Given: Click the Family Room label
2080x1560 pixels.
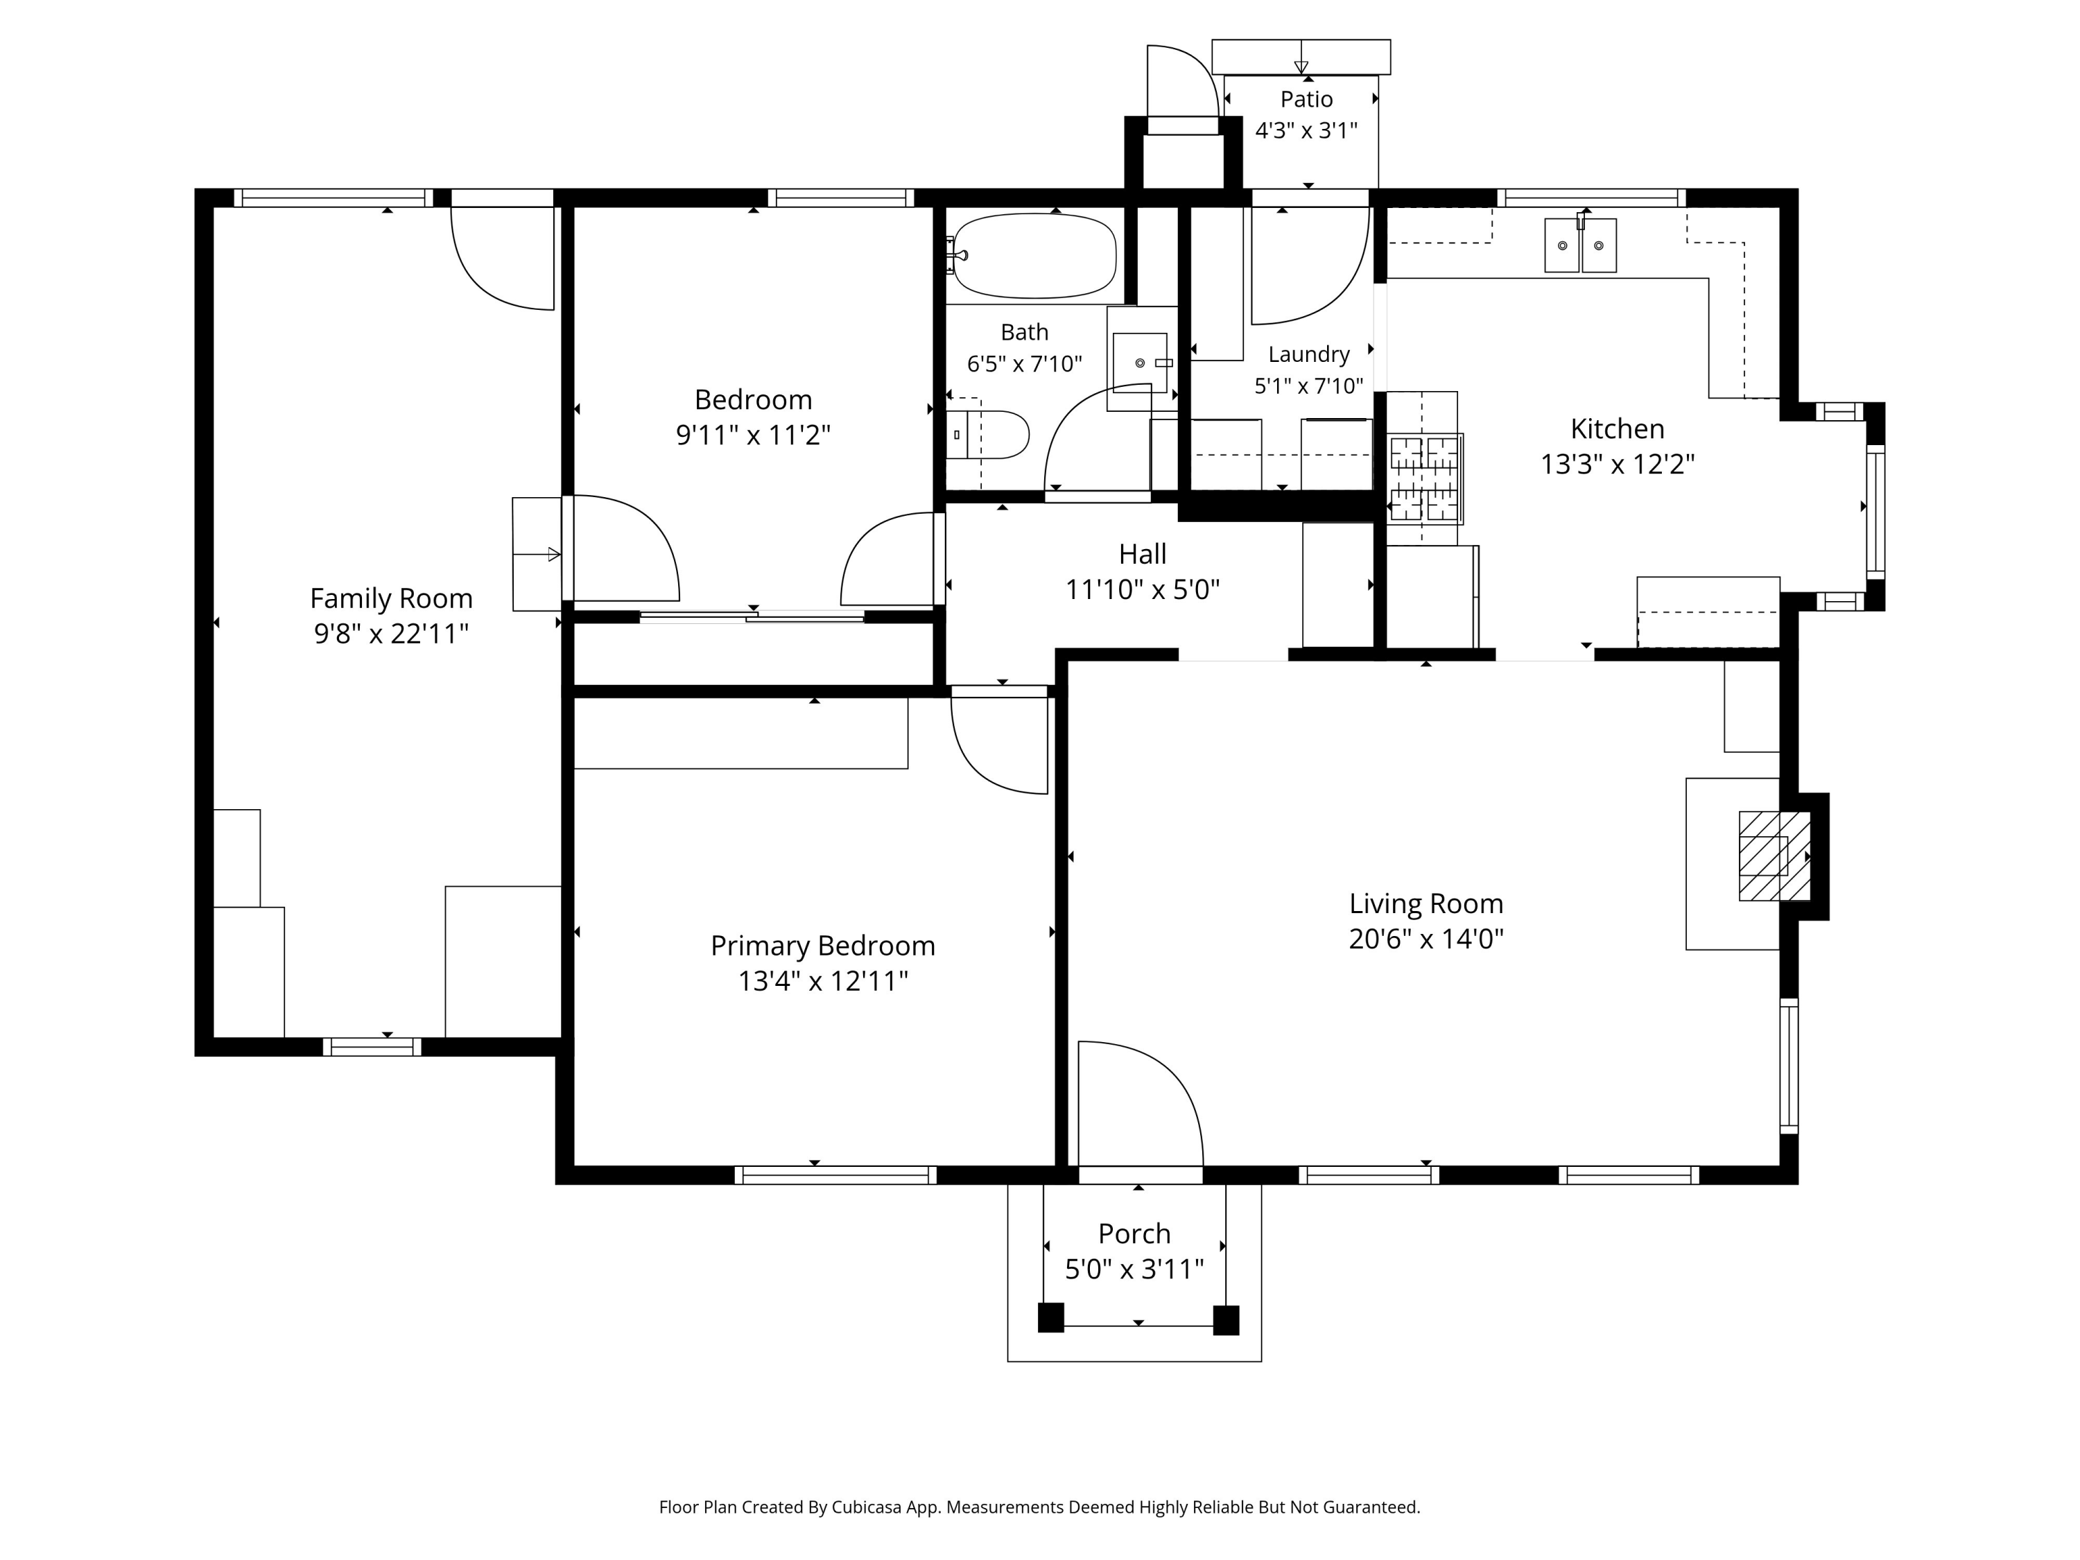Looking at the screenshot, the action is pyautogui.click(x=391, y=598).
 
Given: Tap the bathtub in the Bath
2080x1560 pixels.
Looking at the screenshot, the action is pyautogui.click(x=1034, y=255).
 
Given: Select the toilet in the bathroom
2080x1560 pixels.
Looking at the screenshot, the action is pyautogui.click(x=987, y=435).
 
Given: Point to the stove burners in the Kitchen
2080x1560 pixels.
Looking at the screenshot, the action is pyautogui.click(x=1425, y=478).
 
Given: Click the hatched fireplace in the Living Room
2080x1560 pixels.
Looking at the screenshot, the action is pyautogui.click(x=1774, y=856).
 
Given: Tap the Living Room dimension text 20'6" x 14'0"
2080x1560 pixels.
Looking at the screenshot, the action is pyautogui.click(x=1426, y=939).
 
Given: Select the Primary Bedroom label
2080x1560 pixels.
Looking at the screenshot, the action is pyautogui.click(x=823, y=945).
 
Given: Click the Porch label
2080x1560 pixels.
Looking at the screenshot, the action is pyautogui.click(x=1134, y=1233).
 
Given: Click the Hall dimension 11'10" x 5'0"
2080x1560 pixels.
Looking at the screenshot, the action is pyautogui.click(x=1143, y=589).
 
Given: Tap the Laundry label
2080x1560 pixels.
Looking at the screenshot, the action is pyautogui.click(x=1309, y=354).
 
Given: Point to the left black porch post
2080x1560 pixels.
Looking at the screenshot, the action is pyautogui.click(x=1050, y=1317).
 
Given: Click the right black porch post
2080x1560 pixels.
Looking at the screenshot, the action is pyautogui.click(x=1227, y=1319).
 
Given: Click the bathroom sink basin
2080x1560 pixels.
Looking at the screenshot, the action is pyautogui.click(x=1140, y=362).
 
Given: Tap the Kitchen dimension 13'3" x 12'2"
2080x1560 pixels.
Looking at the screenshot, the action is pyautogui.click(x=1618, y=464).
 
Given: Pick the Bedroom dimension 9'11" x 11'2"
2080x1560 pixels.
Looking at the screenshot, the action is pyautogui.click(x=753, y=435).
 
